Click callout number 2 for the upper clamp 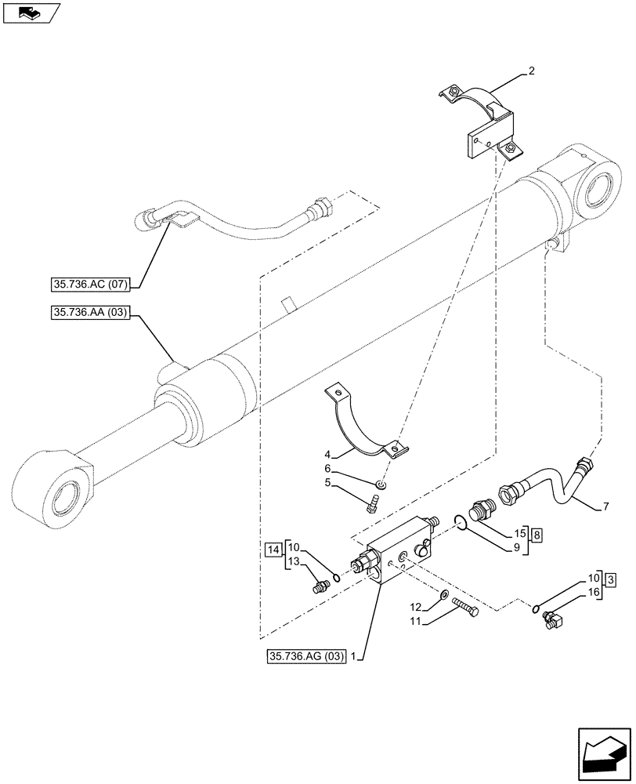pos(532,71)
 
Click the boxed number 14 pos(272,548)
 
